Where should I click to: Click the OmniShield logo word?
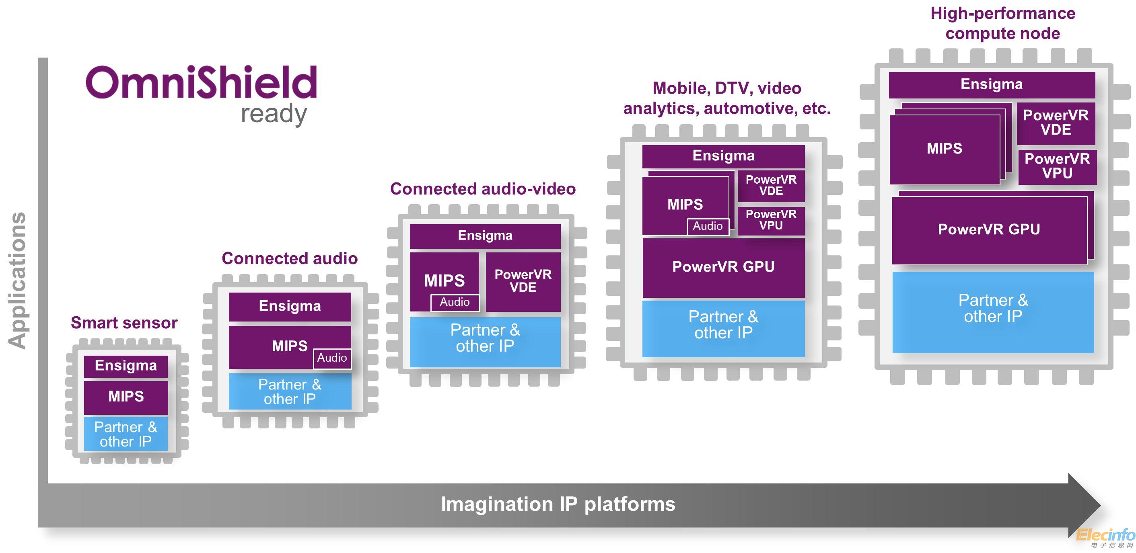pyautogui.click(x=201, y=82)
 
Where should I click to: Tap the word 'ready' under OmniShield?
pyautogui.click(x=274, y=114)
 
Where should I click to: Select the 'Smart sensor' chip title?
pyautogui.click(x=124, y=323)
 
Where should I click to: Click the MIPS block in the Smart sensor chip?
pyautogui.click(x=126, y=397)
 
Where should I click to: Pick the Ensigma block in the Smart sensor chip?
pyautogui.click(x=126, y=366)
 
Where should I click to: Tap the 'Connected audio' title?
pyautogui.click(x=289, y=258)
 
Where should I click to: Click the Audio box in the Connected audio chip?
pyautogui.click(x=331, y=358)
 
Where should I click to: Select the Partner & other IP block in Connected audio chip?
pyautogui.click(x=290, y=392)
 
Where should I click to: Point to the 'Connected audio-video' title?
pyautogui.click(x=483, y=189)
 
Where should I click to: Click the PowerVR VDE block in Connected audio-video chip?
pyautogui.click(x=523, y=281)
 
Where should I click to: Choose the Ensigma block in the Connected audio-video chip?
pyautogui.click(x=485, y=236)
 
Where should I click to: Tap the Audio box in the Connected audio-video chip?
pyautogui.click(x=455, y=302)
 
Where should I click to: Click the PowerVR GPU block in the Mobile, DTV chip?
pyautogui.click(x=723, y=267)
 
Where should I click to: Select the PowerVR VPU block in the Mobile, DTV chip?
pyautogui.click(x=771, y=220)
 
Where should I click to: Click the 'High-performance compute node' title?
pyautogui.click(x=1003, y=23)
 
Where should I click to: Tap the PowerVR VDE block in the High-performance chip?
pyautogui.click(x=1056, y=123)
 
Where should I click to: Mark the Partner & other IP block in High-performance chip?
pyautogui.click(x=993, y=308)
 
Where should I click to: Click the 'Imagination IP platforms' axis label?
pyautogui.click(x=558, y=504)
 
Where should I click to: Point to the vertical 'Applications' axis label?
pyautogui.click(x=18, y=281)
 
